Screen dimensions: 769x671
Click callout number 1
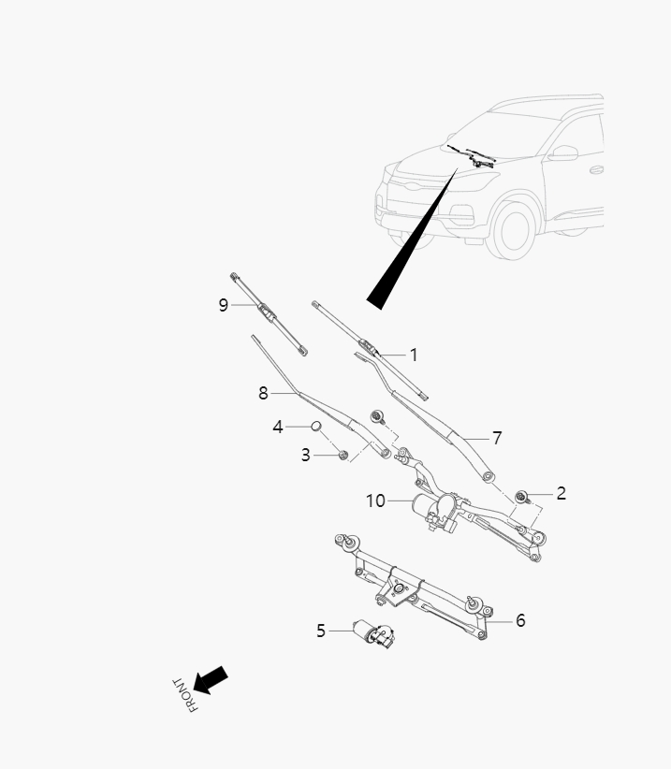point(414,355)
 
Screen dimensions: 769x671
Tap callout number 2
point(561,493)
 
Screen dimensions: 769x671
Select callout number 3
point(306,456)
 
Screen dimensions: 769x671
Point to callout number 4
point(278,427)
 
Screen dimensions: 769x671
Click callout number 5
point(321,631)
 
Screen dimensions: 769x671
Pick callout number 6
point(520,620)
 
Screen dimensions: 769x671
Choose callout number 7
point(497,437)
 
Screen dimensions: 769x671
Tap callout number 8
point(264,394)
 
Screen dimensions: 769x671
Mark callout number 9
point(224,305)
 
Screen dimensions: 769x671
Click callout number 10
point(375,501)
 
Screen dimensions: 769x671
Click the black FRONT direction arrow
point(212,680)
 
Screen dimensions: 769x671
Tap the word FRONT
point(183,694)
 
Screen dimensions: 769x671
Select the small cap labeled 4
point(316,427)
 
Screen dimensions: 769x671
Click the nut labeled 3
point(343,455)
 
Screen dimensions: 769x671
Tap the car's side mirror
point(564,152)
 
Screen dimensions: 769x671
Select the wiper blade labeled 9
point(269,314)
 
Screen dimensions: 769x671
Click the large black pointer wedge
point(412,239)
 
